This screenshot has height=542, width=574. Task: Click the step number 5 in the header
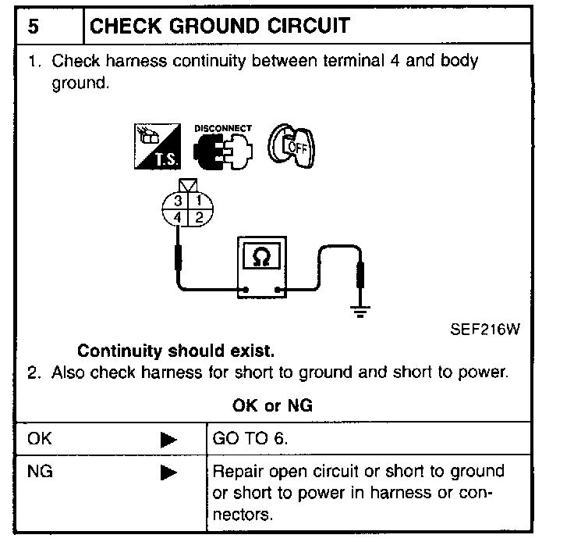coord(34,25)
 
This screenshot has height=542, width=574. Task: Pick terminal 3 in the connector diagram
coord(179,201)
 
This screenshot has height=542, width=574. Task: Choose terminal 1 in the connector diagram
coord(198,201)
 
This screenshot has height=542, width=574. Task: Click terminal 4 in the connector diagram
coord(179,216)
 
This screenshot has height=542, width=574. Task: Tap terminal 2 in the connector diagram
coord(198,216)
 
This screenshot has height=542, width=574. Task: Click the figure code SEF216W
coord(484,328)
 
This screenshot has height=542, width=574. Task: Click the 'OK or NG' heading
coord(273,405)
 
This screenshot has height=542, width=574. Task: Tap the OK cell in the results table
coord(38,439)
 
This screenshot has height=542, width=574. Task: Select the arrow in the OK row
coord(168,439)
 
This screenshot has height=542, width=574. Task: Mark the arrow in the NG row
coord(168,472)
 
